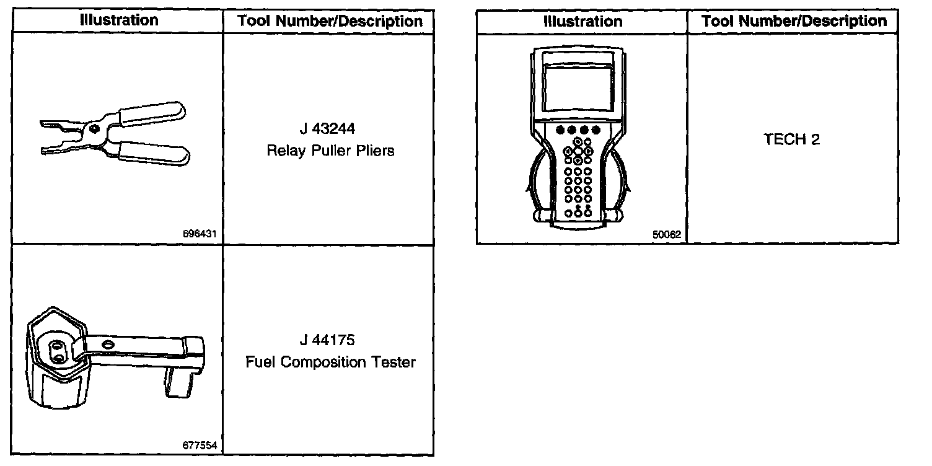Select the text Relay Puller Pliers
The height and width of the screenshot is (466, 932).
tap(330, 151)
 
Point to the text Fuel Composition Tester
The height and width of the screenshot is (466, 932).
tap(330, 362)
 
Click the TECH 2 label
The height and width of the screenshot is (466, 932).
tap(791, 139)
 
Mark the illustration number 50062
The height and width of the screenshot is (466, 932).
tap(666, 235)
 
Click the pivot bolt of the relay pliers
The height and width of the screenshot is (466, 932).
tap(94, 128)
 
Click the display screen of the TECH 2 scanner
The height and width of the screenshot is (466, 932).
tap(577, 87)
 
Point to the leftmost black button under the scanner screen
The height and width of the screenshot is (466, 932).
tap(560, 130)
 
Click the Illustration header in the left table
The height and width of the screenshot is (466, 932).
tap(119, 20)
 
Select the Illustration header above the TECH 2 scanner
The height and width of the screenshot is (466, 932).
tap(582, 21)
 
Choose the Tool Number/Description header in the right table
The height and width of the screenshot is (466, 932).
tap(794, 21)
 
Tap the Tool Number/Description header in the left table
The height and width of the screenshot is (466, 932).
tap(330, 21)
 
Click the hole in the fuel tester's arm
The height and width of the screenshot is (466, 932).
tap(108, 343)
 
